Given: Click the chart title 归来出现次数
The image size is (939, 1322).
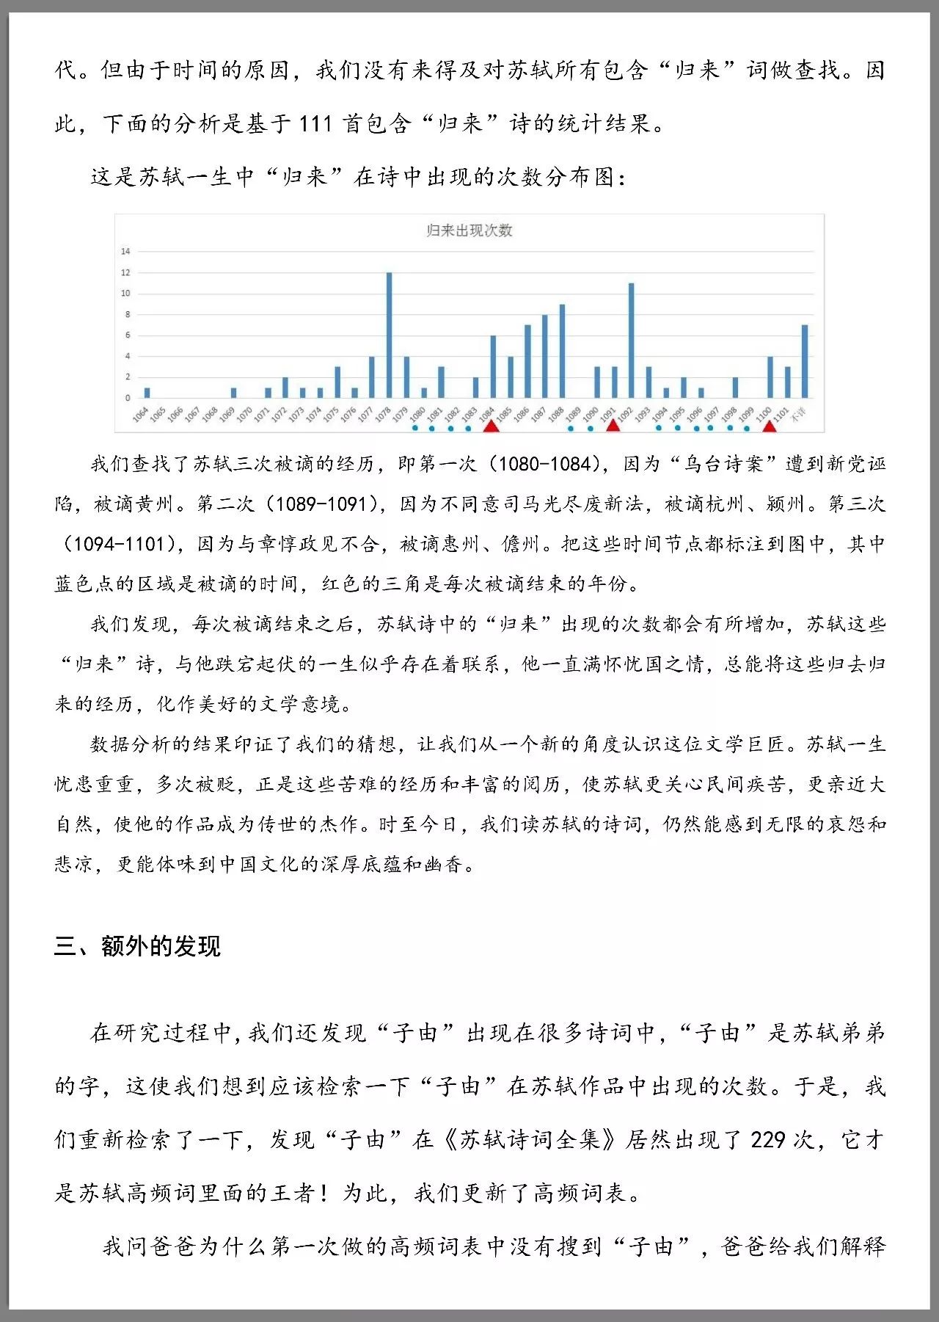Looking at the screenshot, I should click(x=469, y=230).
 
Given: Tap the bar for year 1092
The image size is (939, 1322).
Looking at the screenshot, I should click(x=631, y=341).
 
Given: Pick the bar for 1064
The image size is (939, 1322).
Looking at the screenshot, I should click(x=147, y=393).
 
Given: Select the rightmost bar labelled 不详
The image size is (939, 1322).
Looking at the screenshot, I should click(x=805, y=361).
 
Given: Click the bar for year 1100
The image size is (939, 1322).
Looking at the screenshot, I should click(x=770, y=377).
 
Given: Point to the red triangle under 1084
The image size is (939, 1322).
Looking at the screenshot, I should click(x=491, y=425).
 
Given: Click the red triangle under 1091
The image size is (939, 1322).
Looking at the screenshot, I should click(x=613, y=425).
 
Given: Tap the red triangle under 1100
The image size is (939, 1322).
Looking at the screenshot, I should click(x=769, y=426).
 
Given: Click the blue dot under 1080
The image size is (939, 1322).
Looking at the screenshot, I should click(x=415, y=428).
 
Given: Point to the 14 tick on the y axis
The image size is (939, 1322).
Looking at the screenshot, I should click(x=125, y=251).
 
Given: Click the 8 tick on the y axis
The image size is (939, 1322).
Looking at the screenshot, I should click(x=127, y=314).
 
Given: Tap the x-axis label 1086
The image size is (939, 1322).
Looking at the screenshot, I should click(x=521, y=415).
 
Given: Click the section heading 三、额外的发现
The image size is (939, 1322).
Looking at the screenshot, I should click(x=137, y=946).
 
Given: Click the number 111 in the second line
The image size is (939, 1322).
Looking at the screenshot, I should click(x=316, y=123).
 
